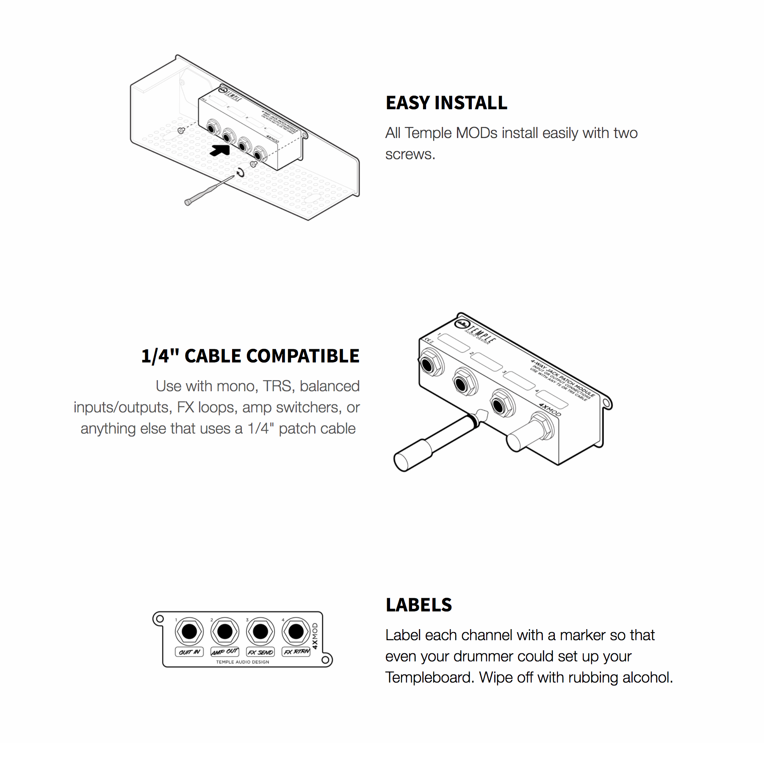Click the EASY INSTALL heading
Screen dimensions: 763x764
click(x=446, y=103)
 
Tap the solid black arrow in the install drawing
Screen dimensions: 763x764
click(x=220, y=150)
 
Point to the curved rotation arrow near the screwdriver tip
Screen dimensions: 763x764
click(x=241, y=172)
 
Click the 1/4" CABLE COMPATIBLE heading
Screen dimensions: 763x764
click(x=250, y=356)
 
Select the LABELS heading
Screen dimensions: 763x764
click(x=418, y=605)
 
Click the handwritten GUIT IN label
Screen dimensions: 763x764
click(x=189, y=652)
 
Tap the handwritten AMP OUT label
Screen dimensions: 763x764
click(x=225, y=652)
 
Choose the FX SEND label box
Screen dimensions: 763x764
click(x=260, y=652)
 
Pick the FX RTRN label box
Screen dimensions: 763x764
click(x=296, y=652)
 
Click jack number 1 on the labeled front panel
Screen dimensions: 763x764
click(x=189, y=631)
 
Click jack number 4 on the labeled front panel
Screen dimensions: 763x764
click(x=296, y=631)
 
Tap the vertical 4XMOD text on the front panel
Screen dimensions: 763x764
click(x=315, y=636)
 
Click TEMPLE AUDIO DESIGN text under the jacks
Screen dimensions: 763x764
click(x=242, y=662)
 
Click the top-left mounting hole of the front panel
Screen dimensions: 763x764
click(x=160, y=619)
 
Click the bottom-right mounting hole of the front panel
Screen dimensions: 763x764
click(x=325, y=660)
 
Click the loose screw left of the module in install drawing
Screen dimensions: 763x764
click(x=181, y=130)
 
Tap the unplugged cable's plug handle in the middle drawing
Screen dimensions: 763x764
click(x=413, y=455)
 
